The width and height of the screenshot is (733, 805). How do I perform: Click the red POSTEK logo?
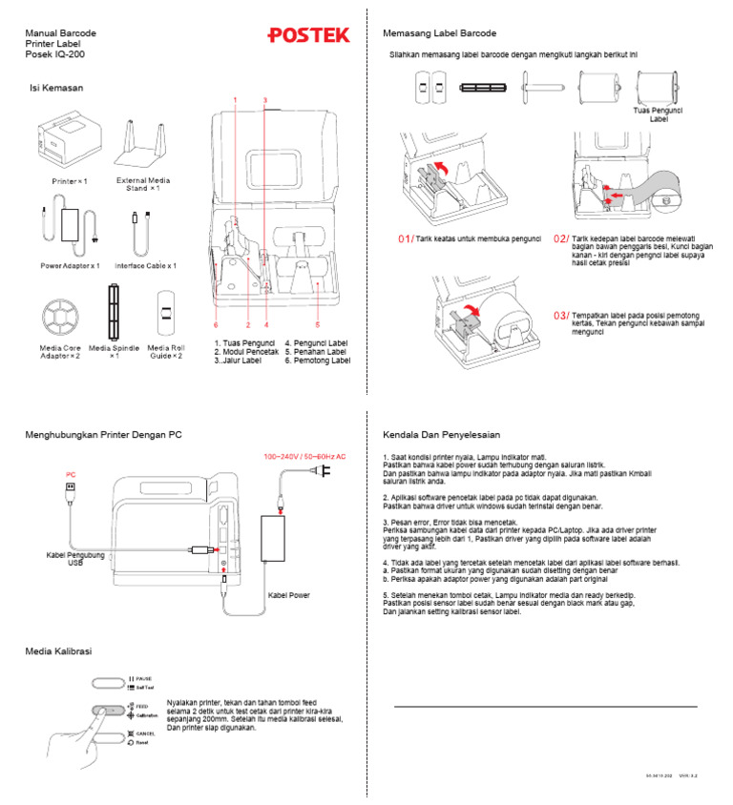tap(308, 35)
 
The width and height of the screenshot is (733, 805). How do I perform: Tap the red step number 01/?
tap(406, 237)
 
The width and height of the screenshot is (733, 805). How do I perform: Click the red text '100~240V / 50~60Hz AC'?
tap(304, 457)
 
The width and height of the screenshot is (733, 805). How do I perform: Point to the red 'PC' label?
tap(70, 474)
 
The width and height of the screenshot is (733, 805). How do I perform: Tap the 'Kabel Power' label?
tap(288, 595)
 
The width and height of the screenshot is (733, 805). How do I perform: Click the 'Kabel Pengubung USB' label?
tap(75, 558)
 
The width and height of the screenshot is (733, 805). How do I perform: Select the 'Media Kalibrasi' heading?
tap(57, 651)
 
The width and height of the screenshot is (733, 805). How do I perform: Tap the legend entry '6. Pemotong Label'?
tap(317, 361)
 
